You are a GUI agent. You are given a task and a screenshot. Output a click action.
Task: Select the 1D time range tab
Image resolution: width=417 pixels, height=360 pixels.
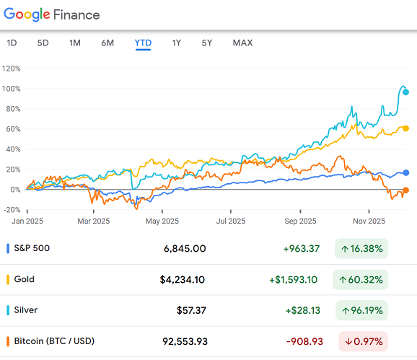pyautogui.click(x=12, y=43)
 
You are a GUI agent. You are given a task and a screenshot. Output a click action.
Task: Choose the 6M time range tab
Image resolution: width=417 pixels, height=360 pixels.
pyautogui.click(x=107, y=43)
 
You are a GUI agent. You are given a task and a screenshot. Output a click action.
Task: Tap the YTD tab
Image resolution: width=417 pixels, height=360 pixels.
pyautogui.click(x=143, y=43)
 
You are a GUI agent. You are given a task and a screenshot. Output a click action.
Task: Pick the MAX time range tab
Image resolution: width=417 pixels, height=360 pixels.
pyautogui.click(x=242, y=43)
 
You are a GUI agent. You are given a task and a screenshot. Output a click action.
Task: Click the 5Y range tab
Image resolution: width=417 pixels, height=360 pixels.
pyautogui.click(x=207, y=43)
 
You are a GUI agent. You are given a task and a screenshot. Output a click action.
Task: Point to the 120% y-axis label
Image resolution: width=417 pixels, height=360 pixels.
pyautogui.click(x=12, y=69)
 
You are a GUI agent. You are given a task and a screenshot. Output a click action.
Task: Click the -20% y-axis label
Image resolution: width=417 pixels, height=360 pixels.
pyautogui.click(x=12, y=209)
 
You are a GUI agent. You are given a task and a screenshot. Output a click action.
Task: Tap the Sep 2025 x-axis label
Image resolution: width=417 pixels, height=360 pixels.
pyautogui.click(x=300, y=221)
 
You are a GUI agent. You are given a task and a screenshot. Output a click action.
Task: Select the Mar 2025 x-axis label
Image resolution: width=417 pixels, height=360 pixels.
pyautogui.click(x=94, y=221)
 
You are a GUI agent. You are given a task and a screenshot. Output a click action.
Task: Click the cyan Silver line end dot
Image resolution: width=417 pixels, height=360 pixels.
pyautogui.click(x=406, y=92)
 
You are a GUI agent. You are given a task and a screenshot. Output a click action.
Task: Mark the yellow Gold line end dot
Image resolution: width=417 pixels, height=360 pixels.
pyautogui.click(x=406, y=128)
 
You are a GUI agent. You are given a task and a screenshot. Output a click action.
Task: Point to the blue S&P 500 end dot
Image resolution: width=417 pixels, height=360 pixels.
pyautogui.click(x=406, y=173)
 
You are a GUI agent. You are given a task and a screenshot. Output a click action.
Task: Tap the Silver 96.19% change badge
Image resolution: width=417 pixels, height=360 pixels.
pyautogui.click(x=360, y=310)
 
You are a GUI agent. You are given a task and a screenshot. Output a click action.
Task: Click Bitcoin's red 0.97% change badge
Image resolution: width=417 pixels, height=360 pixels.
pyautogui.click(x=360, y=341)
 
